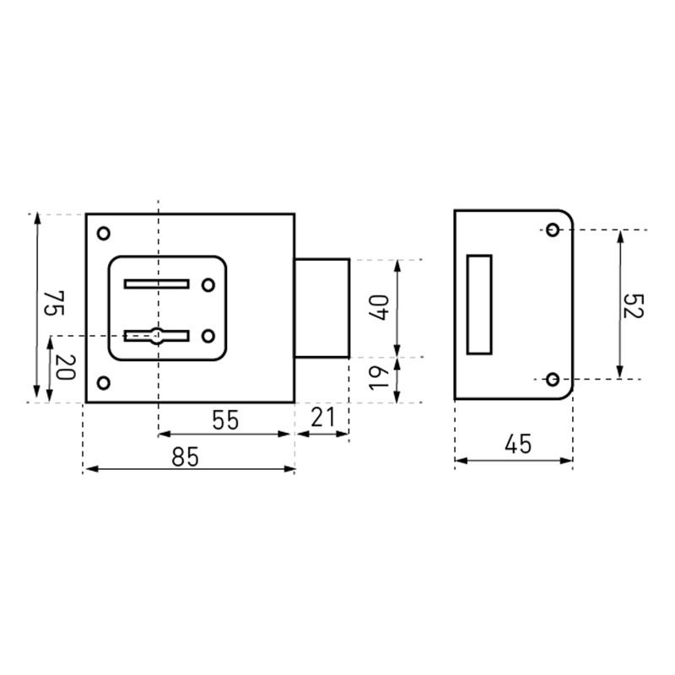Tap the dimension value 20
[66, 367]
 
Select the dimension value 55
[225, 420]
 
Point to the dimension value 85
[185, 456]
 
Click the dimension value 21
[322, 417]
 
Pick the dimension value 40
[378, 308]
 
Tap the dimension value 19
[378, 378]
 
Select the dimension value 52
[633, 306]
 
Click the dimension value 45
[518, 444]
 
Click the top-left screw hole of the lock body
[103, 234]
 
